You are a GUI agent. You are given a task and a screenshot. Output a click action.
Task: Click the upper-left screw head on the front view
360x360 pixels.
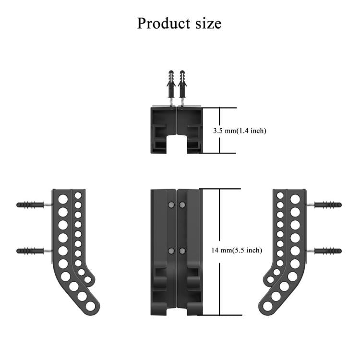click(x=171, y=205)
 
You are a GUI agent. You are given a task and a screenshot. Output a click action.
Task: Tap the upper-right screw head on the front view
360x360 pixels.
click(x=182, y=205)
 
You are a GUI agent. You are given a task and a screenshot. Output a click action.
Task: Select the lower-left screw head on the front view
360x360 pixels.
click(x=171, y=250)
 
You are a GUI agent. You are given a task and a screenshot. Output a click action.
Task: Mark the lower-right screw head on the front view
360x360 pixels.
click(x=182, y=250)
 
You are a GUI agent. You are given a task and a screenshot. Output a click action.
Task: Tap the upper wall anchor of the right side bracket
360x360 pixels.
click(x=327, y=205)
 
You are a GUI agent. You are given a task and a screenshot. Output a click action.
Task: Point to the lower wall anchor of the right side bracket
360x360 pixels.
click(x=327, y=251)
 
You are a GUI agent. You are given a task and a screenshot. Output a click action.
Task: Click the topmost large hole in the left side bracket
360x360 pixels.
click(x=63, y=198)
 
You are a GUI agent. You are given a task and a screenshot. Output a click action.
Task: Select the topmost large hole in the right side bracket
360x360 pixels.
click(x=295, y=198)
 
